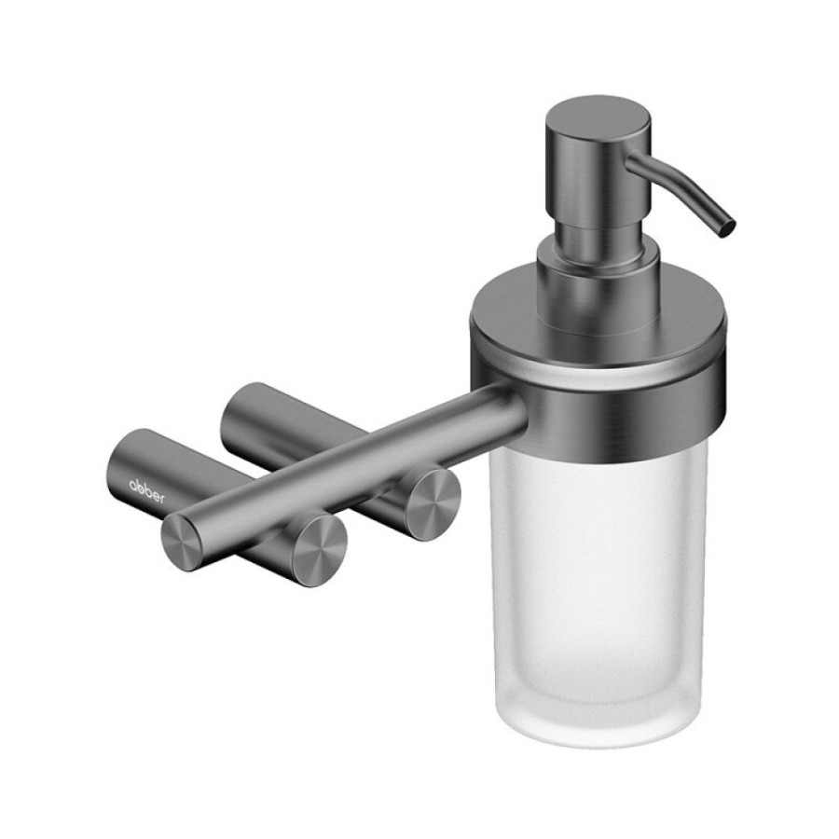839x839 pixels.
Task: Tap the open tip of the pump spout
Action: [728, 228]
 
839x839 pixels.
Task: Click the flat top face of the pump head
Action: [598, 114]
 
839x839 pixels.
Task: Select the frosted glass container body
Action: [598, 562]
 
